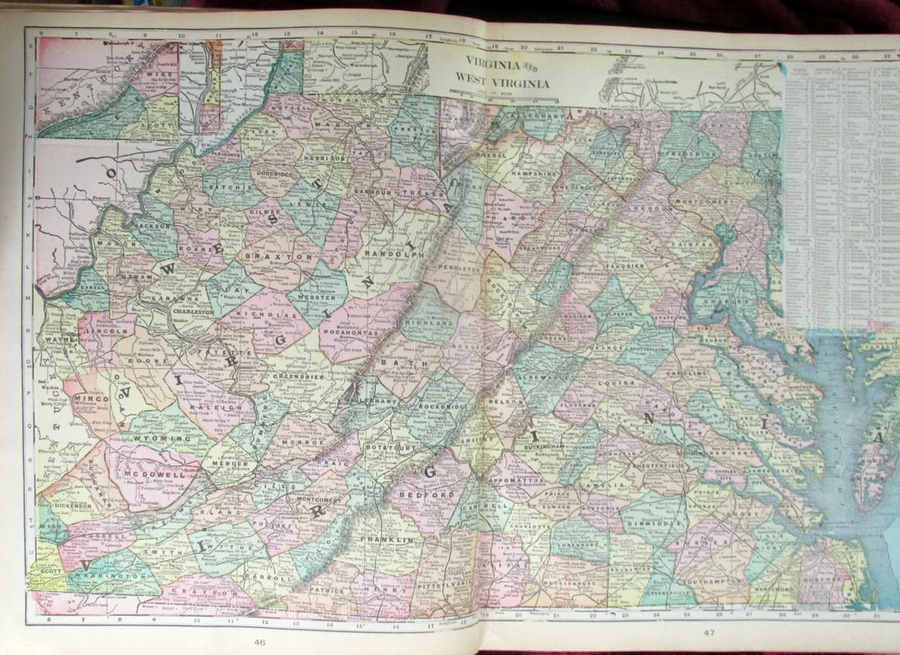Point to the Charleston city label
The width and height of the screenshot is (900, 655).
(x=193, y=310)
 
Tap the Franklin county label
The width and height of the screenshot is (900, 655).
(x=396, y=541)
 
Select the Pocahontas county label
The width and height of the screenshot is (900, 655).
(x=359, y=333)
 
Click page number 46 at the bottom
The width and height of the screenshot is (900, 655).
(x=259, y=642)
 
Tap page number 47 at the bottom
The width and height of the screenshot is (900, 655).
(x=702, y=633)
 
